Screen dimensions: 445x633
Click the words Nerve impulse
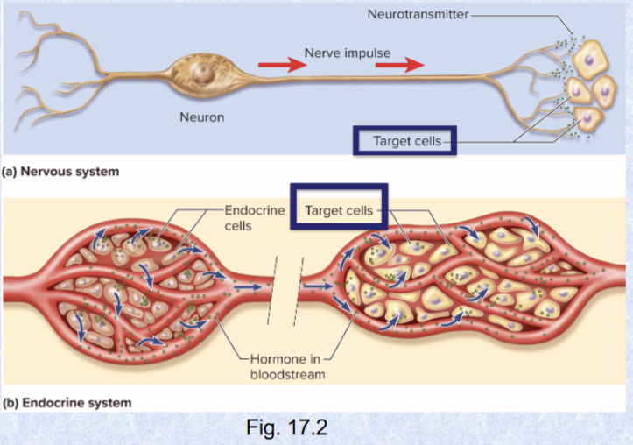348,53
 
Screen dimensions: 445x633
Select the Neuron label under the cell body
201,117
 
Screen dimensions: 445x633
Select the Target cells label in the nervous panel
404,141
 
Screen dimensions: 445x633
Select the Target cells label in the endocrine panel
338,210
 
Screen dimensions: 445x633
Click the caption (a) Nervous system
60,172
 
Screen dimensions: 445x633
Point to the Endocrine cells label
250,218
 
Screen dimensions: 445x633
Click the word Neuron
201,117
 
